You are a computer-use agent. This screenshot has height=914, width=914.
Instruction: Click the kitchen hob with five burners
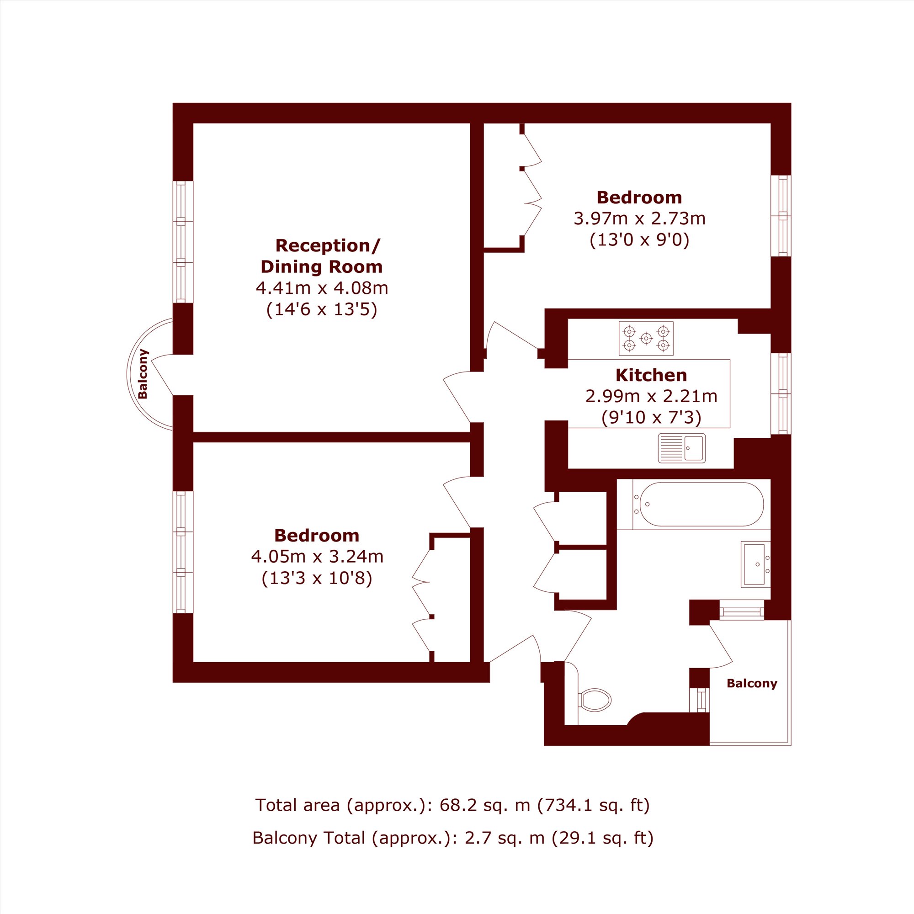click(x=646, y=339)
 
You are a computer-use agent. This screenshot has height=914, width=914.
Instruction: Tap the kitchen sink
click(x=681, y=448)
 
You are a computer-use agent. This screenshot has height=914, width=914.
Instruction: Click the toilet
click(x=594, y=699)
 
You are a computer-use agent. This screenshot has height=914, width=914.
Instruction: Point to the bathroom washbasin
click(x=755, y=564)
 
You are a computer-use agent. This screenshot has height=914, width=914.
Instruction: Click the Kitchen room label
click(x=651, y=375)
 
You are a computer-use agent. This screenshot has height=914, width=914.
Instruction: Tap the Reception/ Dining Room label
click(x=322, y=256)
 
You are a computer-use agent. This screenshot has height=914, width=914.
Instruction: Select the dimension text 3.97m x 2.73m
click(x=640, y=218)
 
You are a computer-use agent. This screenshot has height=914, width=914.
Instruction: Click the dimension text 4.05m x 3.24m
click(x=317, y=556)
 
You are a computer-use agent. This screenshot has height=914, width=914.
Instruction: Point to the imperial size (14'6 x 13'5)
click(x=322, y=310)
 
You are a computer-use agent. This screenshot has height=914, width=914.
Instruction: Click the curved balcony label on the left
click(x=143, y=374)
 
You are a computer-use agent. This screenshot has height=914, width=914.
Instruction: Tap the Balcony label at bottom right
click(x=752, y=684)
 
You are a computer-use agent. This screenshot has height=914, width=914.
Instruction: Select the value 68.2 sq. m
click(x=485, y=805)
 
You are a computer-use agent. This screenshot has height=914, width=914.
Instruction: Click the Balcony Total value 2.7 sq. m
click(x=505, y=838)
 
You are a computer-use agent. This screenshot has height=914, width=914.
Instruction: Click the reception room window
click(x=183, y=242)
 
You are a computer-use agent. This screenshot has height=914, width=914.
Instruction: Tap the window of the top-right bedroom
click(x=781, y=216)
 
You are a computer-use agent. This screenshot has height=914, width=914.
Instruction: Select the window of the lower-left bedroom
click(x=183, y=552)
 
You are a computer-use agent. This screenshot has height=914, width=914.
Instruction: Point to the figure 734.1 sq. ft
click(x=593, y=805)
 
